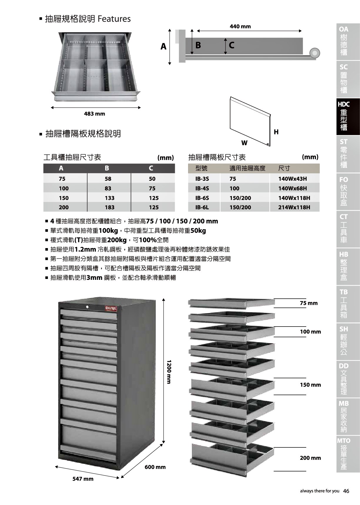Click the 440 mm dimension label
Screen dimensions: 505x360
pyautogui.click(x=240, y=26)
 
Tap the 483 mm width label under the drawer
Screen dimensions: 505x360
pyautogui.click(x=94, y=114)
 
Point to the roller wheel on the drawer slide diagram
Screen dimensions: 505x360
pyautogui.click(x=314, y=53)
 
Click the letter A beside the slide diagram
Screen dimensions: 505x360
pyautogui.click(x=163, y=46)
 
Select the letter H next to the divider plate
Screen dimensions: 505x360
pyautogui.click(x=276, y=132)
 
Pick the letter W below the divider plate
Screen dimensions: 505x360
pyautogui.click(x=244, y=143)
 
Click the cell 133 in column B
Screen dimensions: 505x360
pyautogui.click(x=109, y=198)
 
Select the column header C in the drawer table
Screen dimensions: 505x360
pyautogui.click(x=151, y=168)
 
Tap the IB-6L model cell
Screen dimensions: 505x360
pyautogui.click(x=202, y=207)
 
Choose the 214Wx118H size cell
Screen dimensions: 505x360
pyautogui.click(x=294, y=207)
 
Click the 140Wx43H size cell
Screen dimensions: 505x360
pyautogui.click(x=292, y=179)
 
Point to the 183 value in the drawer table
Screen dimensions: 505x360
pyautogui.click(x=109, y=207)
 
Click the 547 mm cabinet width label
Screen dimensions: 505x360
pyautogui.click(x=83, y=479)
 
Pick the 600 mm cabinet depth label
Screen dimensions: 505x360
pyautogui.click(x=155, y=467)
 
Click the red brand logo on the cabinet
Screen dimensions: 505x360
pyautogui.click(x=111, y=308)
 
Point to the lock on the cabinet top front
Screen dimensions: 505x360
pyautogui.click(x=87, y=307)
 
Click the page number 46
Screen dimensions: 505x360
pyautogui.click(x=346, y=491)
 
